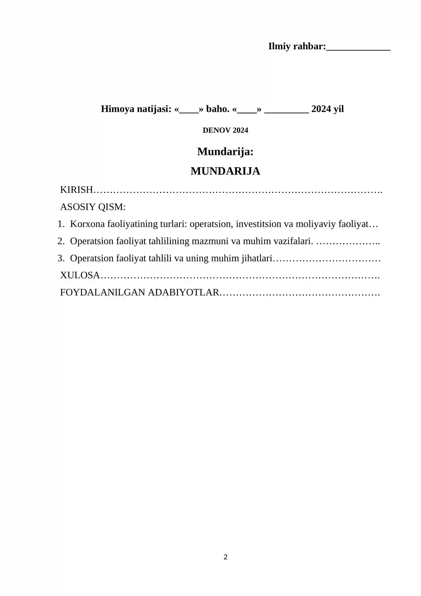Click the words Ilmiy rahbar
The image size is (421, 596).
point(297,46)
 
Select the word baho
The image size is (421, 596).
point(217,109)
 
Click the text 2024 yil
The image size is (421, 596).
point(327,109)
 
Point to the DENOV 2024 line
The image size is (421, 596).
point(225,130)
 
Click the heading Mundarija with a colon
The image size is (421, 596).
point(225,152)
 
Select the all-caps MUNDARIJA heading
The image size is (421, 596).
point(225,171)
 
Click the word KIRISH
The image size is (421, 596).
point(76,190)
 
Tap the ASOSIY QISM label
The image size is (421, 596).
point(93,207)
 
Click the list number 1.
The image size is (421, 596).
point(61,224)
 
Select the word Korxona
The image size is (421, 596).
point(87,224)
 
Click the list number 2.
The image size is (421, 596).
point(61,241)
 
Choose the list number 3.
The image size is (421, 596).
point(61,258)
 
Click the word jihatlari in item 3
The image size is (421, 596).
point(257,258)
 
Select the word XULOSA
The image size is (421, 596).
point(80,275)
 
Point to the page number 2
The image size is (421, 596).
point(225,557)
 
